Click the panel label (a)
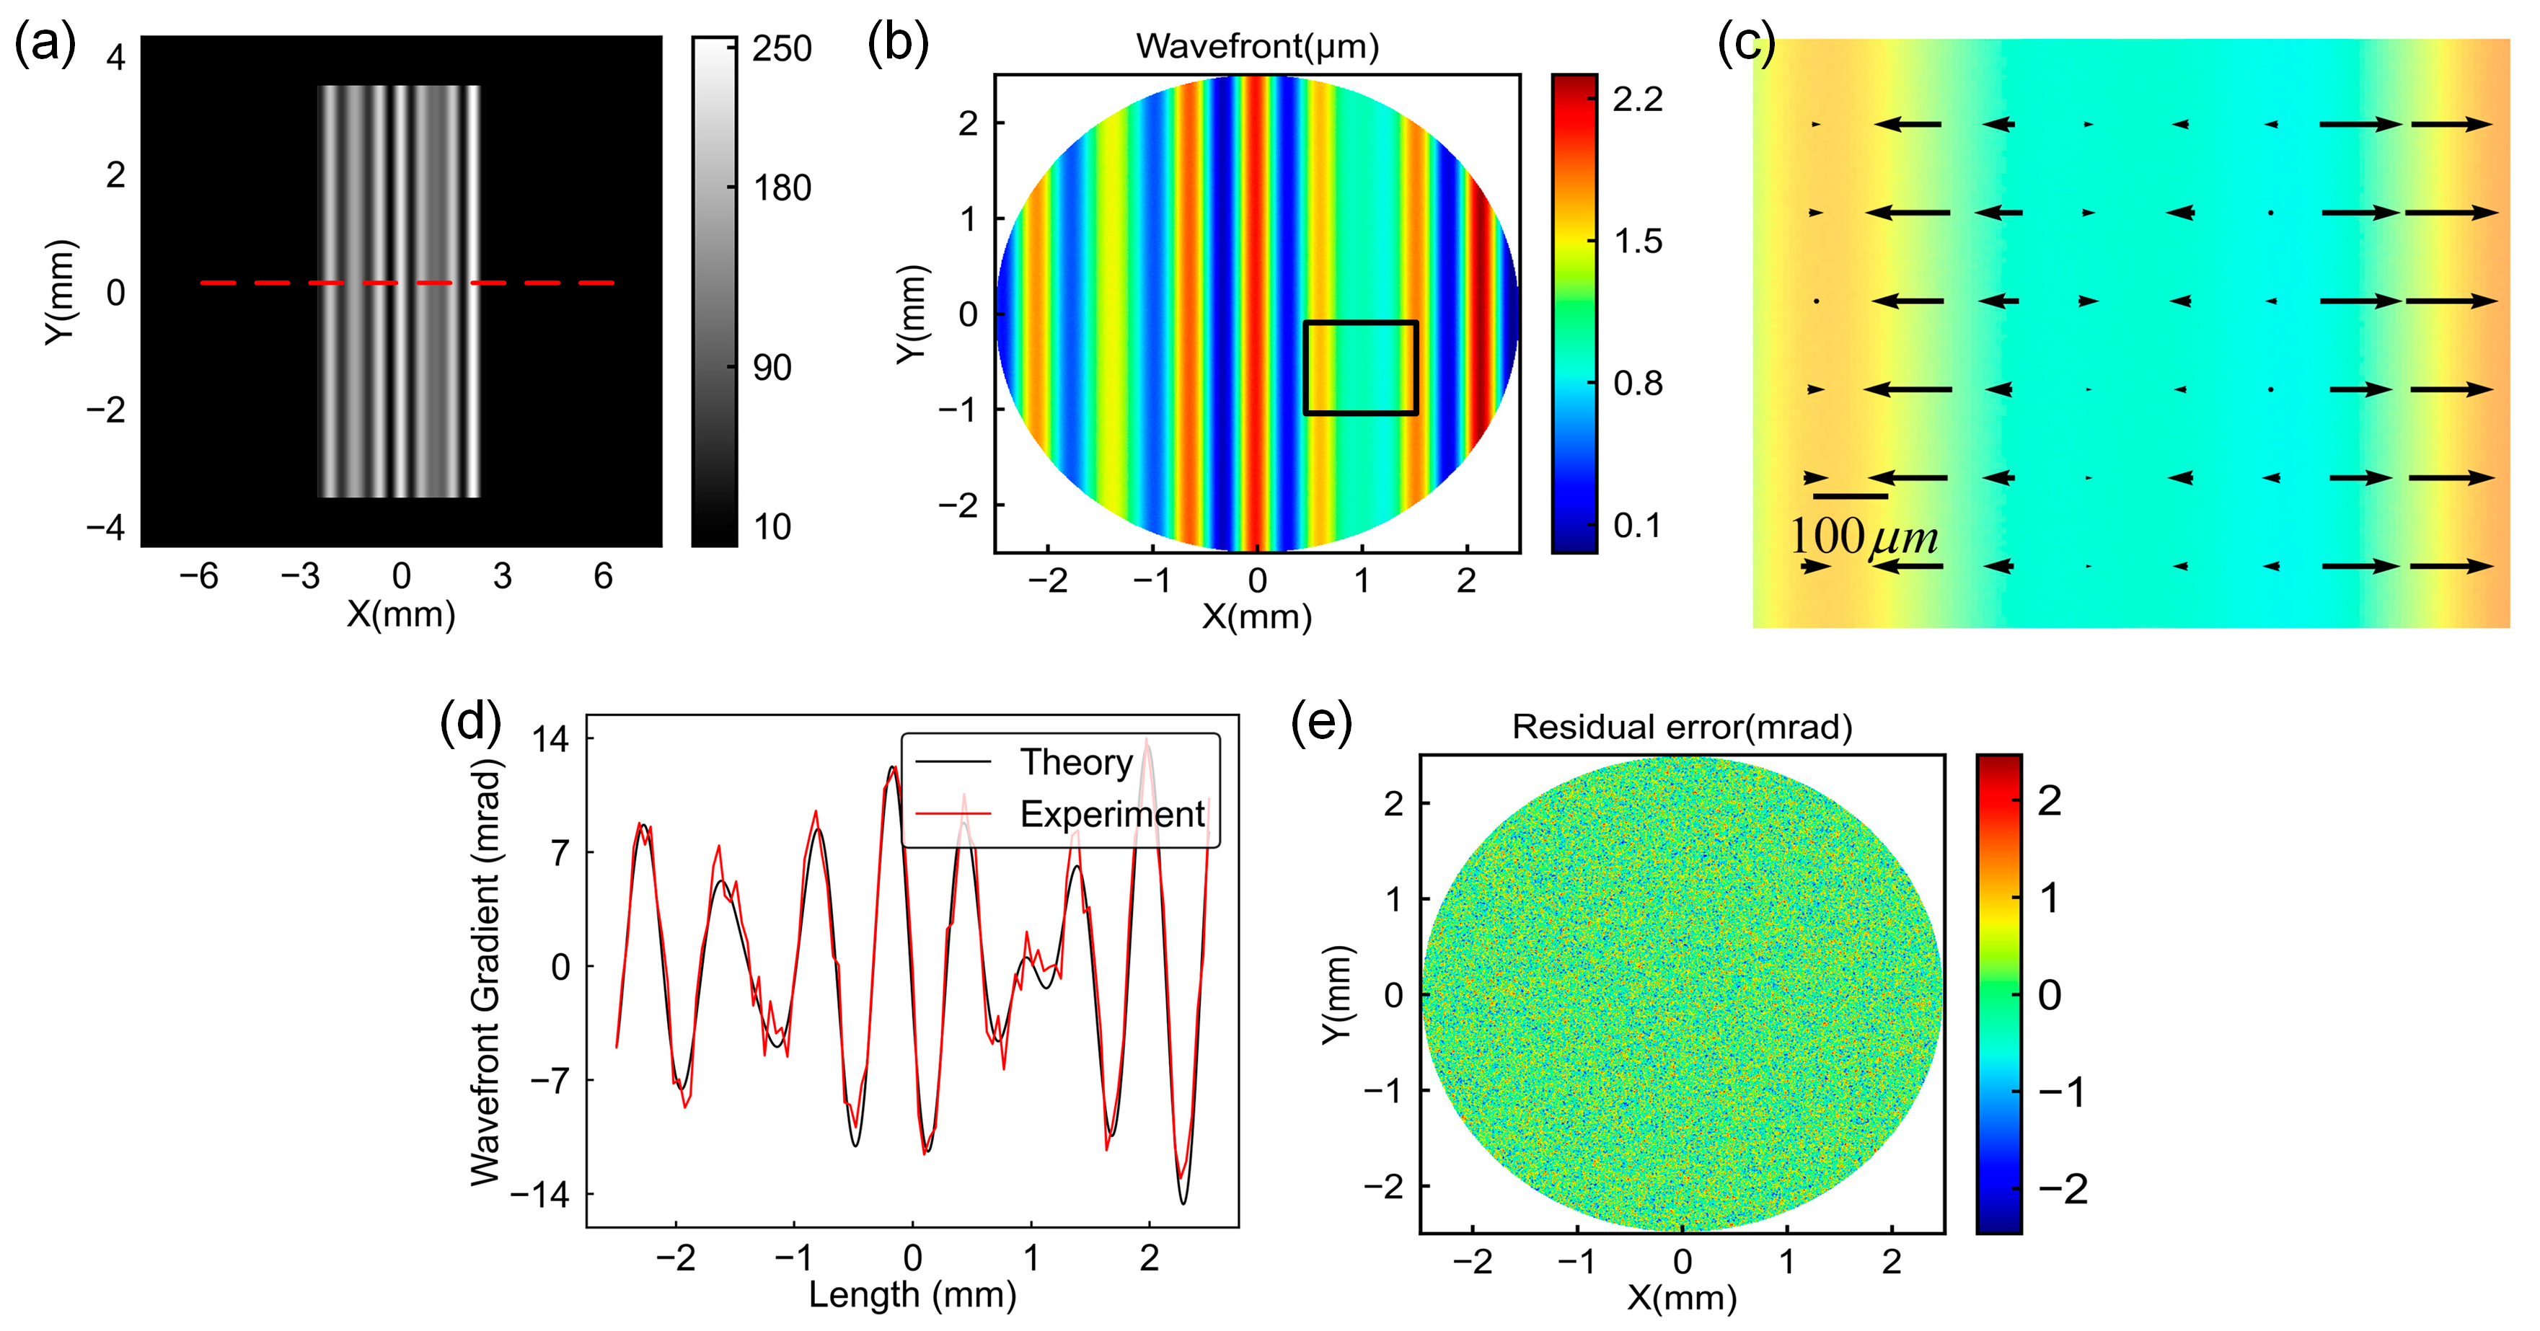tap(45, 45)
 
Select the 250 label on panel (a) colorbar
tap(782, 48)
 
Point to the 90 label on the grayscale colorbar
tap(772, 368)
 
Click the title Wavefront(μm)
tap(1257, 45)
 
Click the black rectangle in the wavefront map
tap(1361, 322)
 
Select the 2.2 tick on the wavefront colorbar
tap(1638, 99)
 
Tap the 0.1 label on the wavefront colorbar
tap(1638, 526)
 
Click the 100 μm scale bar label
tap(1864, 537)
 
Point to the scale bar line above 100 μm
tap(1850, 496)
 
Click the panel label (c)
tap(1746, 45)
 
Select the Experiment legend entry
tap(1111, 814)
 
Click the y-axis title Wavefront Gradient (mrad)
tap(485, 971)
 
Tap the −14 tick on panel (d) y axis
tap(540, 1195)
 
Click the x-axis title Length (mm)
tap(912, 1294)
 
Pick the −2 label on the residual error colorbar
tap(2062, 1189)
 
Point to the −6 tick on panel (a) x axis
tap(198, 576)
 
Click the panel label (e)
tap(1321, 725)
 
